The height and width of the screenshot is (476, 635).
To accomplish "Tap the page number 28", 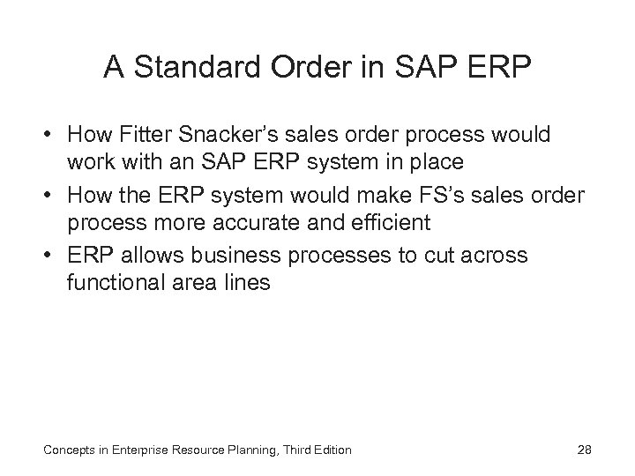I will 584,450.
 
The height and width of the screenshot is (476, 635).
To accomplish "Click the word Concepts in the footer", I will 68,450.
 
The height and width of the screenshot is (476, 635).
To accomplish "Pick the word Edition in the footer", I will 331,450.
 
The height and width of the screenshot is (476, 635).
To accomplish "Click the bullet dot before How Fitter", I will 52,136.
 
